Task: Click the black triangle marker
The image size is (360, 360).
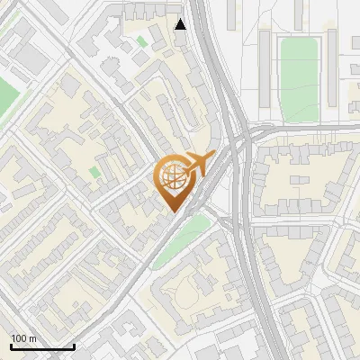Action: pyautogui.click(x=181, y=24)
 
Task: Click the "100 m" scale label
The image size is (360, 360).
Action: pyautogui.click(x=23, y=338)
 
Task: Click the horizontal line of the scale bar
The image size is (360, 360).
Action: pyautogui.click(x=41, y=346)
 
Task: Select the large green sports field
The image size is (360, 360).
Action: pyautogui.click(x=299, y=79)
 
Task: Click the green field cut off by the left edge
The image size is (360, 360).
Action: pyautogui.click(x=7, y=94)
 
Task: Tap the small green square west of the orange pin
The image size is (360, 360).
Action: pyautogui.click(x=95, y=171)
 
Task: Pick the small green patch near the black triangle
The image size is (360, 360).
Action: pyautogui.click(x=142, y=40)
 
